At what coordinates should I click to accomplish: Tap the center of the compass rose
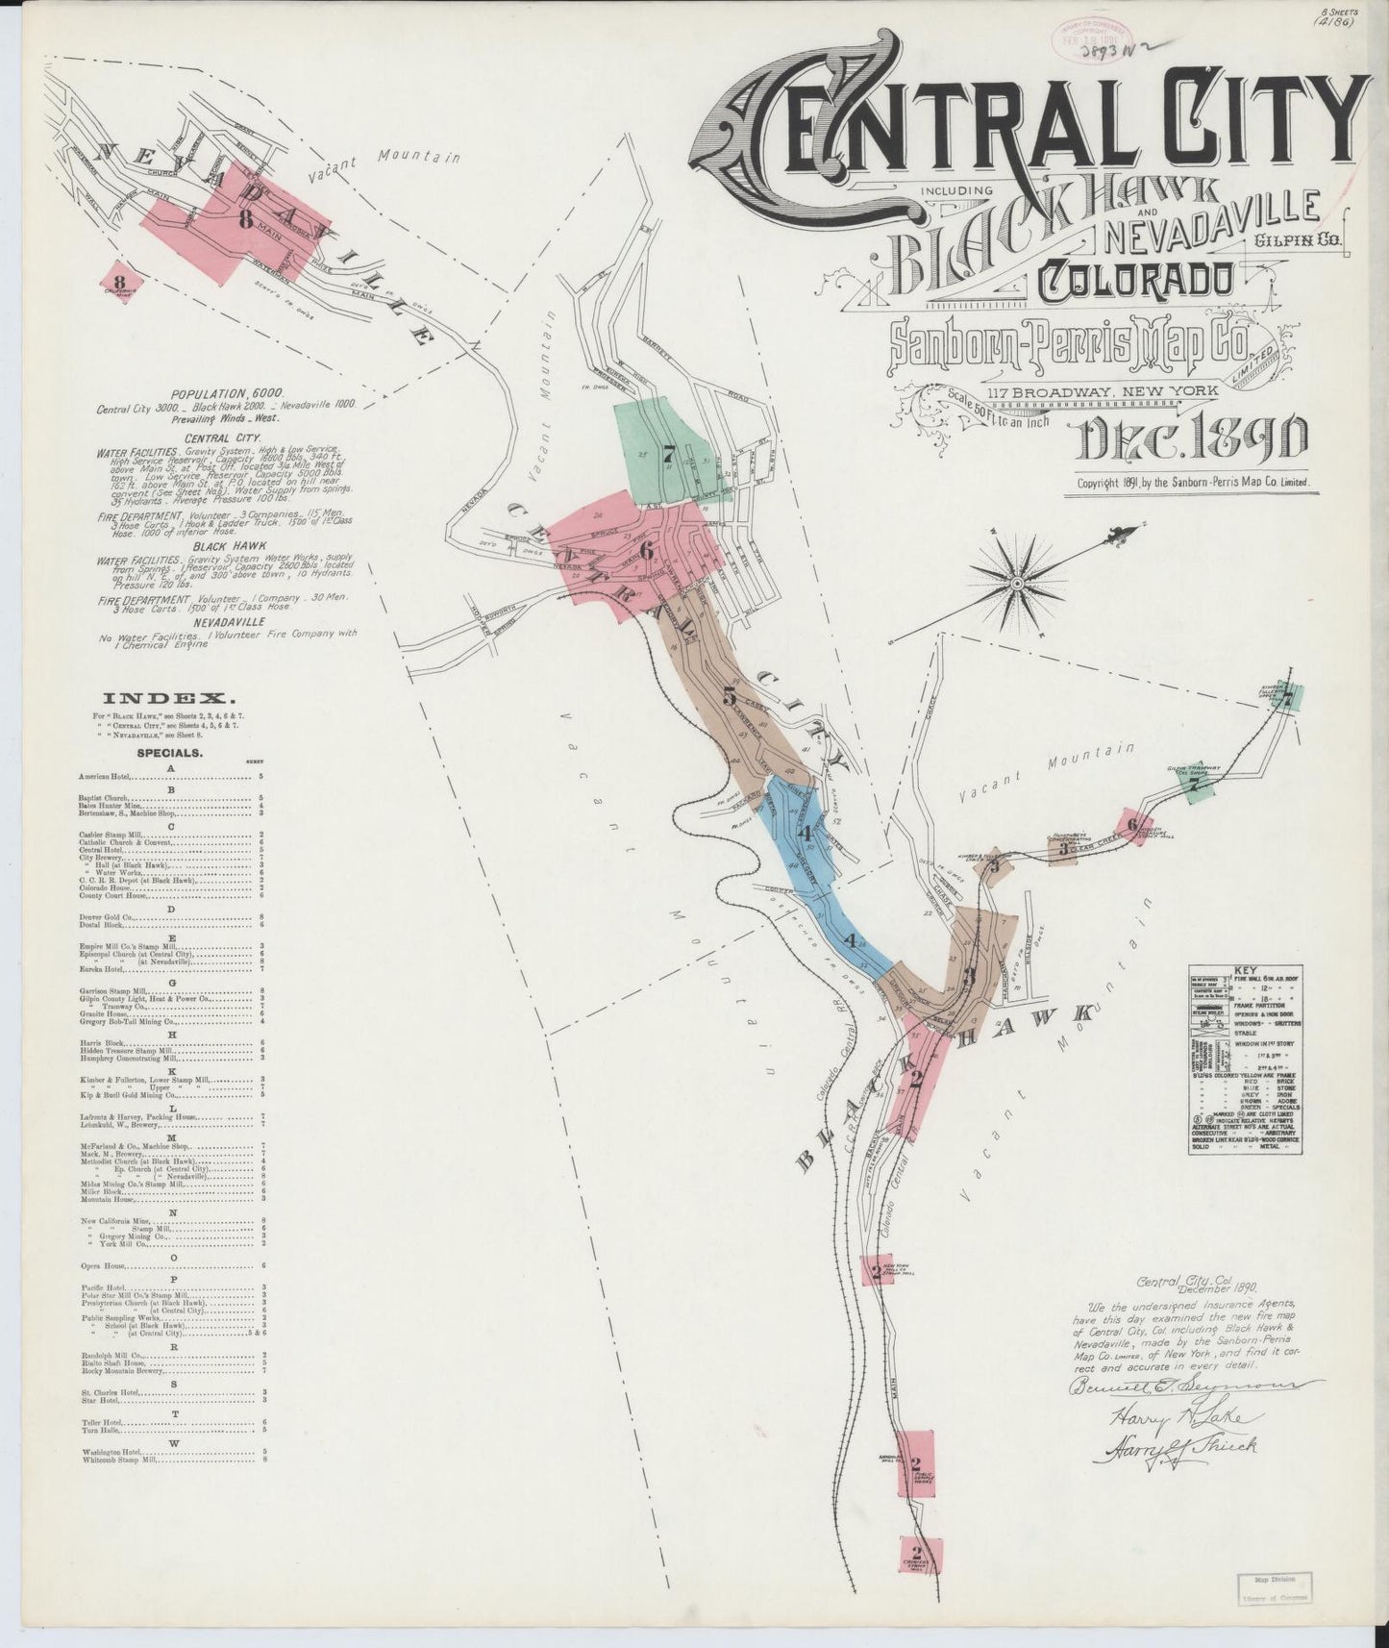pos(1017,582)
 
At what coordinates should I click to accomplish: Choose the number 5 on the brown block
pos(730,695)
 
